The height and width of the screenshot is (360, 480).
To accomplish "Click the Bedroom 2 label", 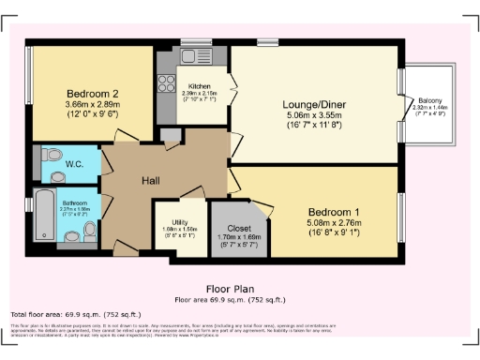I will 91,93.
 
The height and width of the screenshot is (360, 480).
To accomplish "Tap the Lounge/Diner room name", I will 314,104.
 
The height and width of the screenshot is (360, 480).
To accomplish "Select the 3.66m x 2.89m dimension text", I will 91,106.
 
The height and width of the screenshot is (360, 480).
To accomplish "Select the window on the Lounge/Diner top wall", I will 268,42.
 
